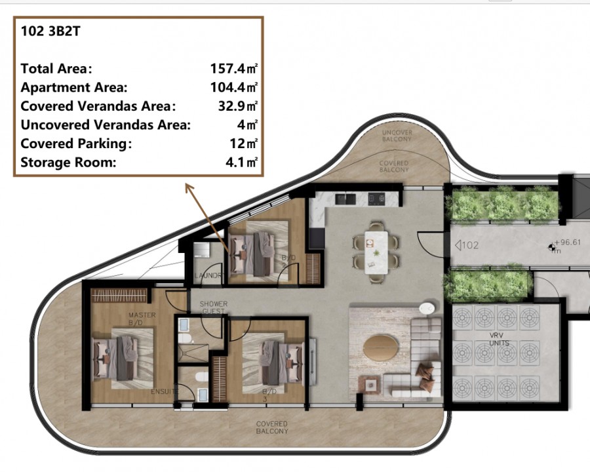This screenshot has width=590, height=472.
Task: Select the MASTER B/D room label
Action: (142, 319)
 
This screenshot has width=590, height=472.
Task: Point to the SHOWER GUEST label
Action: (213, 307)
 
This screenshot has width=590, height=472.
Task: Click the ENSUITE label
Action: (165, 391)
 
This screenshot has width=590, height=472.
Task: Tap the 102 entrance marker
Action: (465, 246)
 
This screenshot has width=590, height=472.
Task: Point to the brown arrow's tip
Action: (187, 185)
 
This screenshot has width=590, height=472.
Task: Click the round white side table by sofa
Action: (427, 308)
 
